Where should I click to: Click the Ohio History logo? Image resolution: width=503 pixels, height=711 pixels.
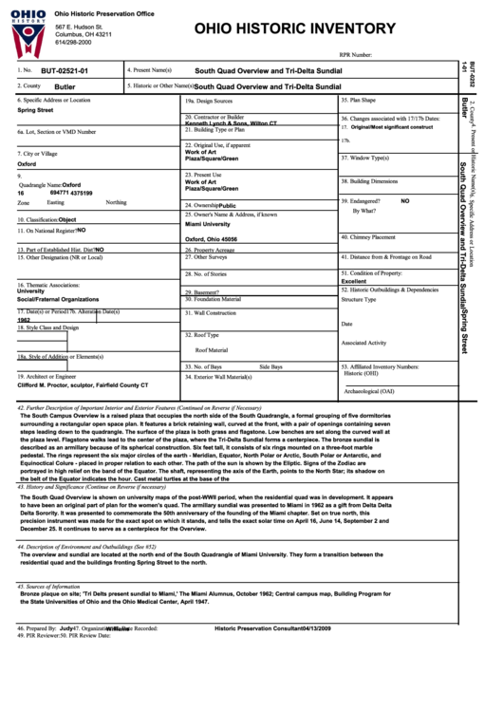(x=28, y=30)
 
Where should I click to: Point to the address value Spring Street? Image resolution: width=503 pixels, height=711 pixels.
(x=35, y=110)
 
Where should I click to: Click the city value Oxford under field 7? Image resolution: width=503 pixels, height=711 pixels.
(x=27, y=163)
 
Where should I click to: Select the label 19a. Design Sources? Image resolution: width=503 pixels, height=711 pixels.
(x=209, y=100)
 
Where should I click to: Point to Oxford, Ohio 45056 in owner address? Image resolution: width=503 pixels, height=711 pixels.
(x=211, y=239)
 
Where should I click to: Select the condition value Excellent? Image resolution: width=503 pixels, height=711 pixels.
(x=354, y=281)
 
